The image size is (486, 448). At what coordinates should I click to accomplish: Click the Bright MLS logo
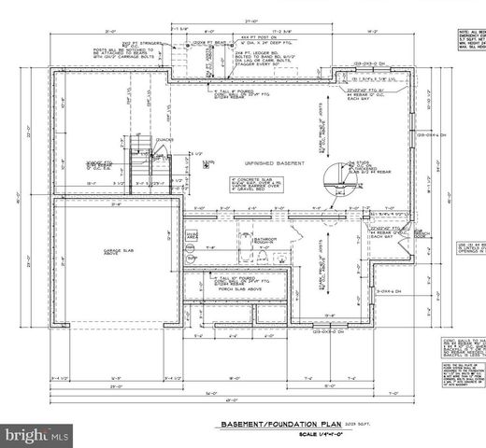coord(37,434)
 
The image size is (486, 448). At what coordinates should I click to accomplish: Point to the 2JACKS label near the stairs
coord(165,140)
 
